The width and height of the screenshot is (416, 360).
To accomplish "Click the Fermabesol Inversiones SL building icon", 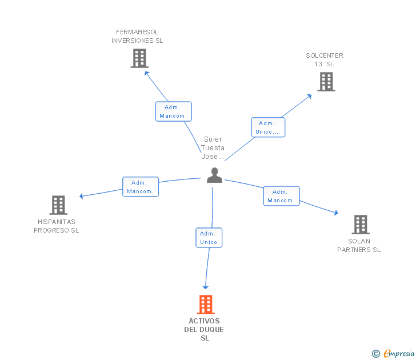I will point(139,58).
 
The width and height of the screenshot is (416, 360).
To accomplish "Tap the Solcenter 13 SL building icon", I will point(326,82).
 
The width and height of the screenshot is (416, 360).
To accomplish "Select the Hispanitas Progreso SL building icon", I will point(58,205).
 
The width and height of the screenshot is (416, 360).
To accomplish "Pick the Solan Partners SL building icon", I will point(361,225).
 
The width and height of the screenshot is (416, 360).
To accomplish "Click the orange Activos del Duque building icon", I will point(206,305).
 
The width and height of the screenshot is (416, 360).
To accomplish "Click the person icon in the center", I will point(214,175).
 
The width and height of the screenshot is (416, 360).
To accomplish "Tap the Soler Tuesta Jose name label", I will point(213,148).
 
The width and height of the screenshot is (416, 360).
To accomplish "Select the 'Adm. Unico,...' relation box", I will point(268,127).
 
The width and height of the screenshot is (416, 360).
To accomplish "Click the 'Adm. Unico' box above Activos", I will point(209,238).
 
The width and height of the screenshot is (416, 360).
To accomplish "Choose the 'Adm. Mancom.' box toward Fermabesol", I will point(173,111).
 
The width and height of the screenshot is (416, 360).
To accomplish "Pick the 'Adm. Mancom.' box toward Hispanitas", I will point(141,187).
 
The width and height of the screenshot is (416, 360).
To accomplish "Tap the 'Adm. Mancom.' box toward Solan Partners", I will point(281,196).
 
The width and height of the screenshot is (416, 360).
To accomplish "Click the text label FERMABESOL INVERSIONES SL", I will point(137,37).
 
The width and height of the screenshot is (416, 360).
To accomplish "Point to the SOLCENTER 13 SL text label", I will point(324,60).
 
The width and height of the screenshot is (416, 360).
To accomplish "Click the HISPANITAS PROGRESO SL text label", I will point(57,226).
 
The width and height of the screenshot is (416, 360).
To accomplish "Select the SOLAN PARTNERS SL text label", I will point(359,246).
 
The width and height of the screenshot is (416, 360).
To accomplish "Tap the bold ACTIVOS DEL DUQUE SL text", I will point(204,330).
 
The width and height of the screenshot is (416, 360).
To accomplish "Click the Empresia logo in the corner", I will point(394,354).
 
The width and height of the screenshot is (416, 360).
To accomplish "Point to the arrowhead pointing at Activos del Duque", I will point(206,287).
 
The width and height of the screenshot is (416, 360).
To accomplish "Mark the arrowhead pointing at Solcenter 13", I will point(309,95).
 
